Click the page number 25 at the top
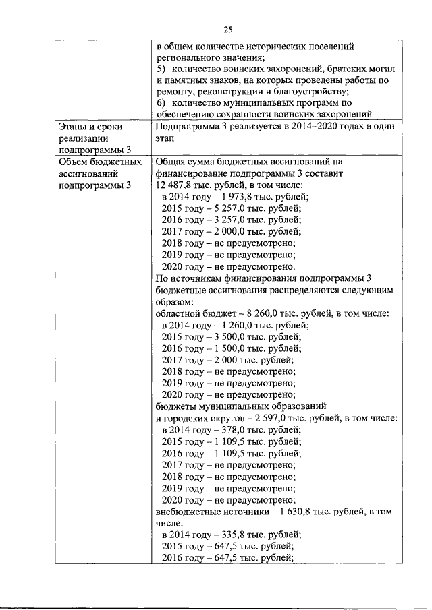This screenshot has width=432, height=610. pos(227,28)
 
